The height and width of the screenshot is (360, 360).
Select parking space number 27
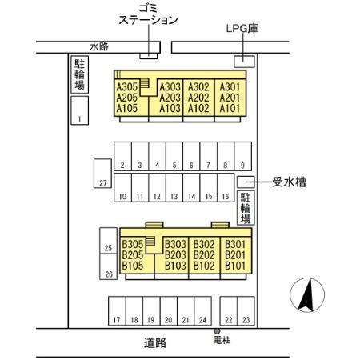(102, 173)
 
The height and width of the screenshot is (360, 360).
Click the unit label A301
(230, 87)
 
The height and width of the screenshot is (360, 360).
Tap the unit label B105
(132, 266)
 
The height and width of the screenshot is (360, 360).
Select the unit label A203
(170, 98)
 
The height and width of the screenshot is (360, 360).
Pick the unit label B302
(204, 245)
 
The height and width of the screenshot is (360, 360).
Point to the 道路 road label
(156, 342)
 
